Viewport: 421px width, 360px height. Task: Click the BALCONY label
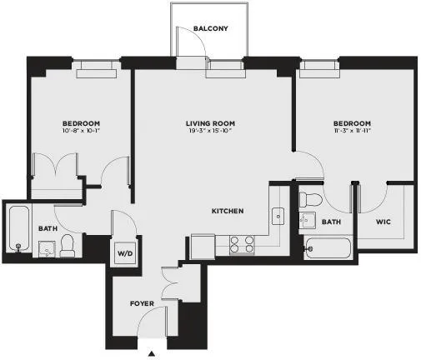coord(211,28)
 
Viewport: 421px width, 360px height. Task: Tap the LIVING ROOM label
coord(210,122)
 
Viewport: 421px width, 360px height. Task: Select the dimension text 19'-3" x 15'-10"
coord(210,131)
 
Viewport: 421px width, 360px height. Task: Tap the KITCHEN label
coord(227,212)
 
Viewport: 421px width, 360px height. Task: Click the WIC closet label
coord(383,222)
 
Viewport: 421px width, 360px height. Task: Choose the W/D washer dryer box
coord(124,252)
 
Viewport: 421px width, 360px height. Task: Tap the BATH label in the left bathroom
coord(48,227)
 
